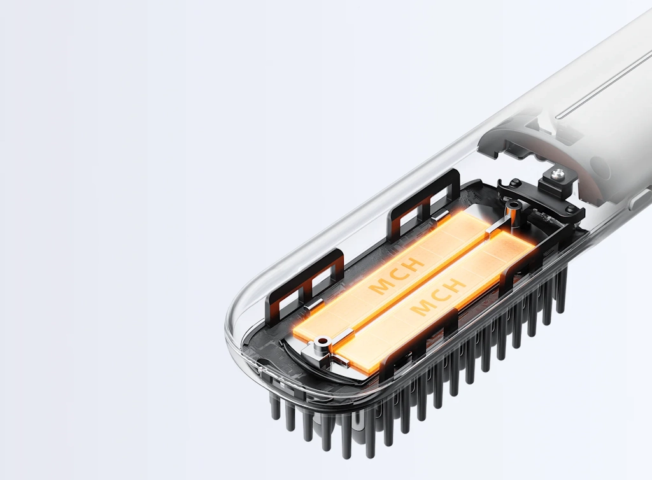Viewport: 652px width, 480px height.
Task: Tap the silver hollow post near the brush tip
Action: pyautogui.click(x=321, y=342)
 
